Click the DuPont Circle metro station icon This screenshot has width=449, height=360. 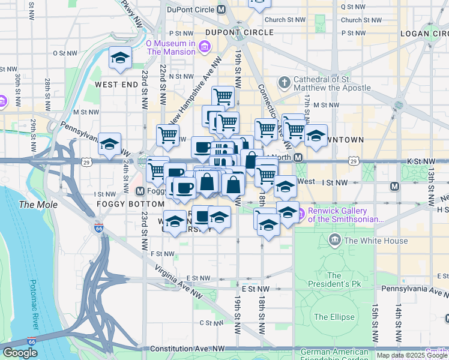[221, 10]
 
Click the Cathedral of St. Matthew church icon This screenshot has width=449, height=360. [283, 82]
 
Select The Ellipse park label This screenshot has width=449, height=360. [334, 317]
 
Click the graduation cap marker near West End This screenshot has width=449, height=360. [120, 58]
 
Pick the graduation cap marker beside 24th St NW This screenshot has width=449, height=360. [109, 144]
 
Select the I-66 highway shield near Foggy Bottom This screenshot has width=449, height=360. [98, 228]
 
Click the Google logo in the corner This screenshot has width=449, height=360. [20, 353]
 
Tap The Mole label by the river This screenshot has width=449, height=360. [38, 205]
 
